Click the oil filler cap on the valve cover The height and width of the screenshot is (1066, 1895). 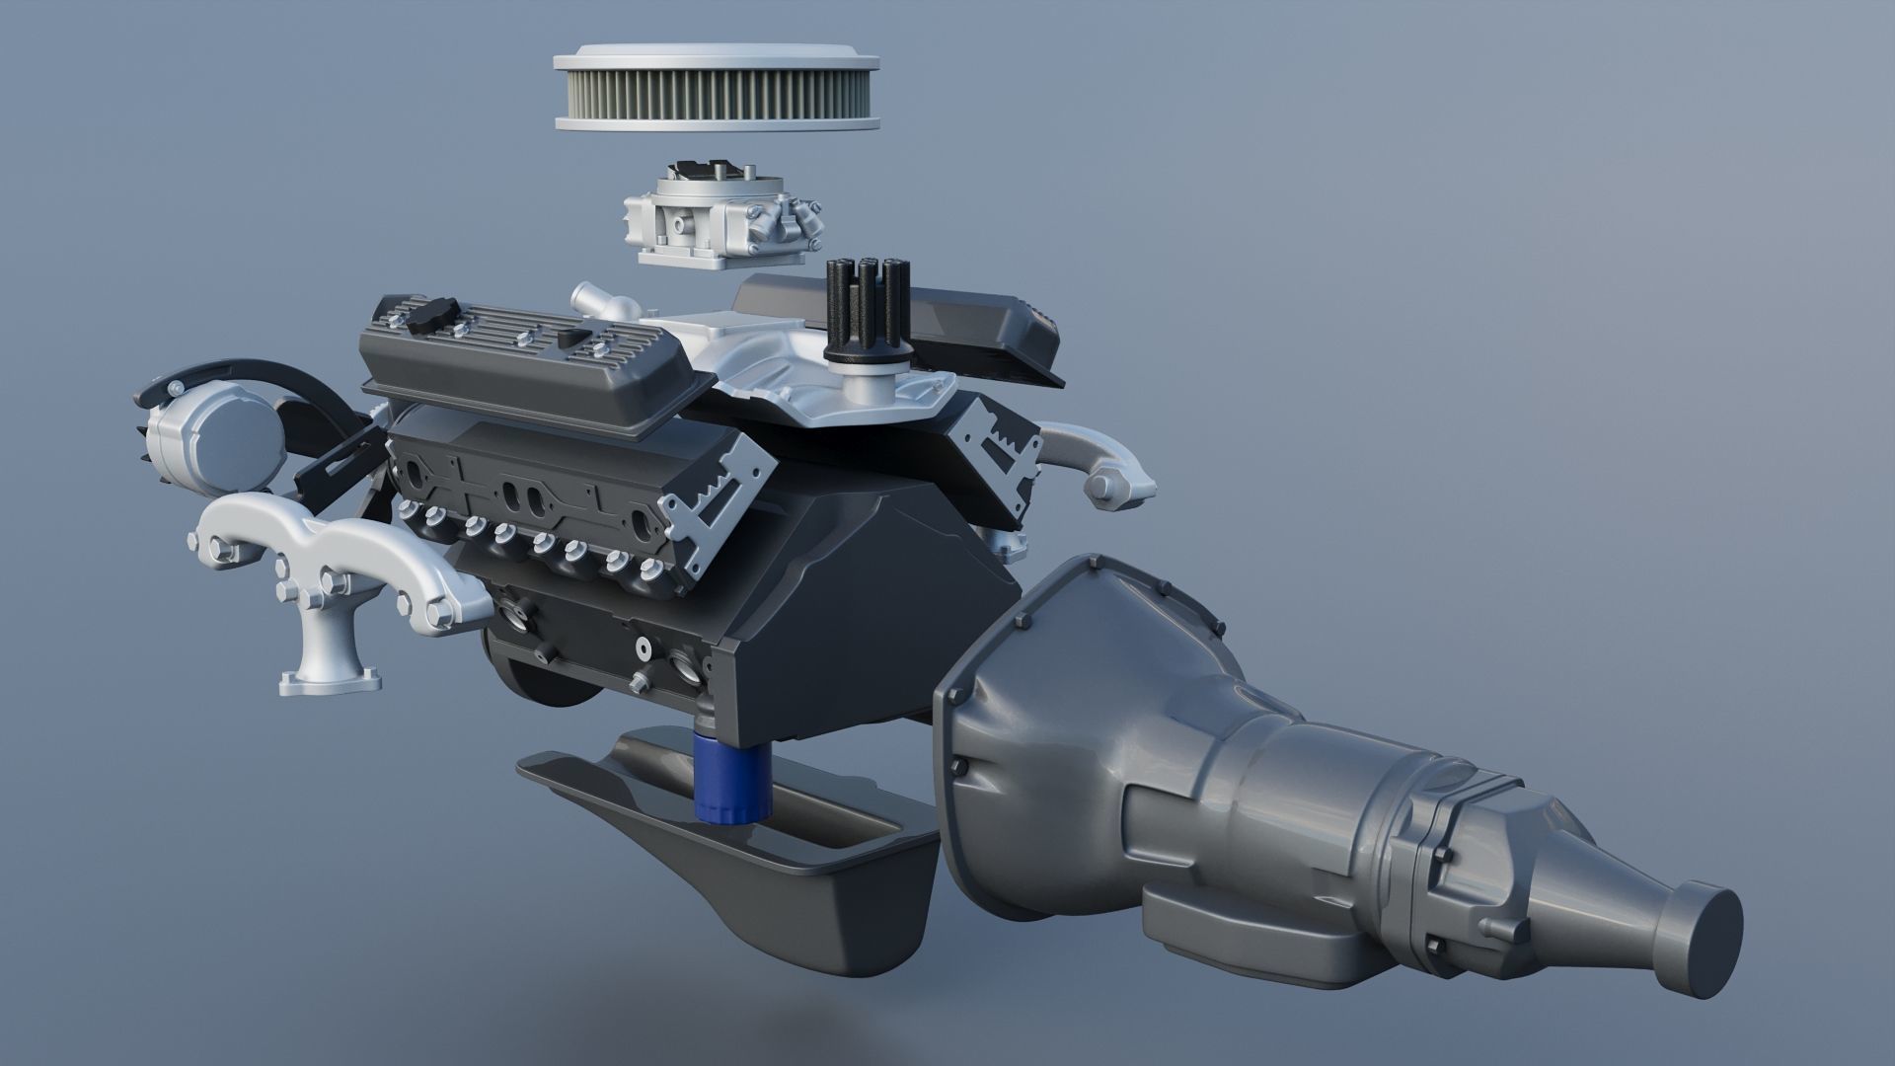tap(431, 319)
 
